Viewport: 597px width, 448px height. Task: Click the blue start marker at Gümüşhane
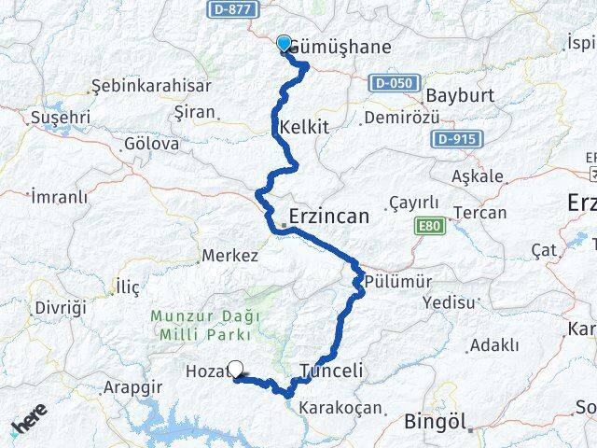284,42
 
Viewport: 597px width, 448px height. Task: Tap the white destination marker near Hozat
236,370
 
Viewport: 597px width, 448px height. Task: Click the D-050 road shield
393,83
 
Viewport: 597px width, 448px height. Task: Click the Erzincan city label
329,217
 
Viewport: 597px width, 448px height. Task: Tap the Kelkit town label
304,127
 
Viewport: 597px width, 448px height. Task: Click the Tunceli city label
331,370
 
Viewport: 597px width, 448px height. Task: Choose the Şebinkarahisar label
150,86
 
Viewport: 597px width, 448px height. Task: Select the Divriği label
60,307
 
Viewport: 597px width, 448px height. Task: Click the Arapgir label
129,385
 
